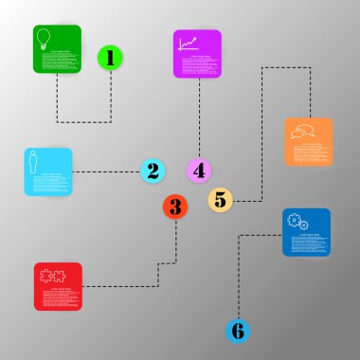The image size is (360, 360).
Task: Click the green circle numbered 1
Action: [111, 59]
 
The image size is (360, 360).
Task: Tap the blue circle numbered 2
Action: [153, 171]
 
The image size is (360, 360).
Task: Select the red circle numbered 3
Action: [174, 206]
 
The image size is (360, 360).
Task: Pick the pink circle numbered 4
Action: [198, 171]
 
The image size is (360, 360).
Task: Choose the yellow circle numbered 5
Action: [221, 199]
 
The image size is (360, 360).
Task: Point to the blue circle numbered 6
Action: [238, 331]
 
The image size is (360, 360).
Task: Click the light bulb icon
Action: [43, 39]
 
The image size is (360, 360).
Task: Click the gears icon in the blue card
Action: [295, 221]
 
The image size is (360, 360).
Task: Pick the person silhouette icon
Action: [35, 161]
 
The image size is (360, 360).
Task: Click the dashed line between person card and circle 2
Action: [106, 171]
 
